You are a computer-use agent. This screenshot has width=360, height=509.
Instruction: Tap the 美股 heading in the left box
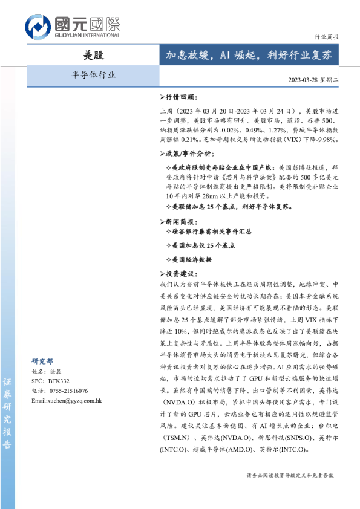[93, 55]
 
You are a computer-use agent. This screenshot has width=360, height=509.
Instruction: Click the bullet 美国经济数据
[192, 259]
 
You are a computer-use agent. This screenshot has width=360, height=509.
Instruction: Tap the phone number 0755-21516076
[59, 391]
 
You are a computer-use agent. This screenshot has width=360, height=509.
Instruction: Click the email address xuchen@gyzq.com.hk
[67, 401]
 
